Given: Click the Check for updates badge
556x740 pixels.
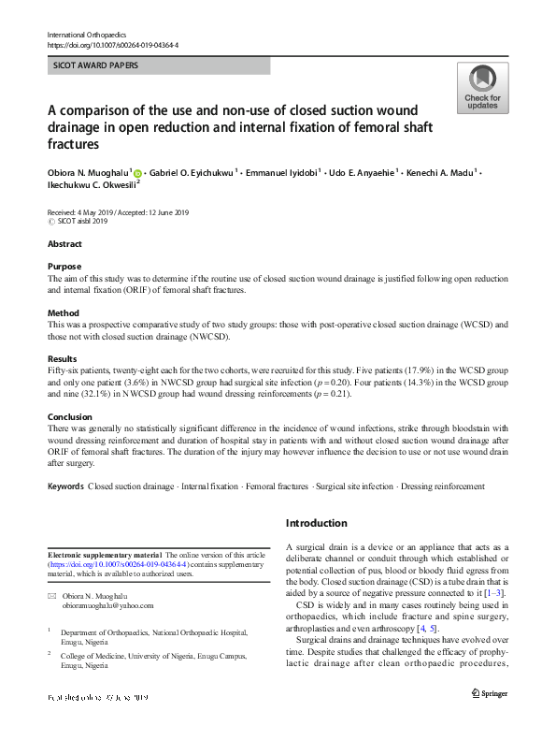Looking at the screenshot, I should coord(482,88).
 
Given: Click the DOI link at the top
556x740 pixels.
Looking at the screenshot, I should coord(112,45).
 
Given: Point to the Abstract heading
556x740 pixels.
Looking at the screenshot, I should coord(65,244).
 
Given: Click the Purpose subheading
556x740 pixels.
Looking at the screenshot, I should coord(64,267).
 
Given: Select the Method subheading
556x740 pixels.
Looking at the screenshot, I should coord(64,312).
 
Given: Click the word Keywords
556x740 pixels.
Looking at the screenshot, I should coord(65,486).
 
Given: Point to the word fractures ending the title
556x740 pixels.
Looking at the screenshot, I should coord(74,146).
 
